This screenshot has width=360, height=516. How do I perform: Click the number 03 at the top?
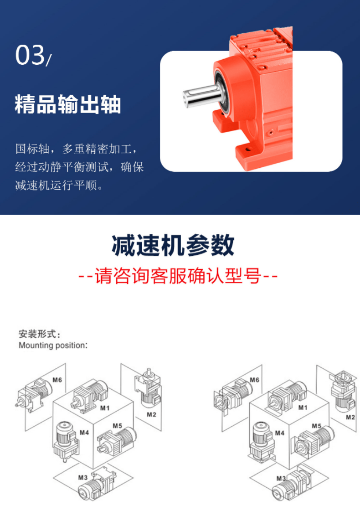(x=30, y=55)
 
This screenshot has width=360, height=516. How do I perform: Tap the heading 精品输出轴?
(x=68, y=104)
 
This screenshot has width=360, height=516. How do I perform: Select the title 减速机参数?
(x=173, y=246)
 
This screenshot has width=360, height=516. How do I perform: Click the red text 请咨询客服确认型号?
(x=178, y=276)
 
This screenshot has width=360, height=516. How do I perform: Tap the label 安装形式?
(x=40, y=334)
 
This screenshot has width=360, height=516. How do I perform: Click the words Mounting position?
(x=53, y=345)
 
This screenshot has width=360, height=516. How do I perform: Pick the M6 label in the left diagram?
(x=57, y=380)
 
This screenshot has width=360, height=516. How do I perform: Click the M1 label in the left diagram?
(x=105, y=408)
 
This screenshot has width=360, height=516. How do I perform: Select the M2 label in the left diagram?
(x=151, y=415)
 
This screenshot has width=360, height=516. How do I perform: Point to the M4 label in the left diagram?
(x=84, y=433)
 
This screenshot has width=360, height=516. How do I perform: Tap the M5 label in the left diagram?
(x=118, y=426)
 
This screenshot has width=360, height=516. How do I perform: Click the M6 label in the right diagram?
(x=254, y=380)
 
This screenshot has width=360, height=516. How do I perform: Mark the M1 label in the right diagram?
(x=303, y=408)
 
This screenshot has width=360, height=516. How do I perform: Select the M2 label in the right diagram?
(x=350, y=417)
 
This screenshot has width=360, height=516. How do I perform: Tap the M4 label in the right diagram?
(x=280, y=433)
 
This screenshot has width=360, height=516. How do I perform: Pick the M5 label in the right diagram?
(x=317, y=426)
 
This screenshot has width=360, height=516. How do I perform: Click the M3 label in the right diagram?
(x=281, y=479)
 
